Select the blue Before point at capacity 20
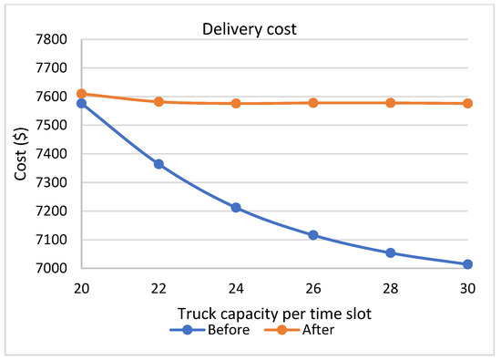(x=82, y=103)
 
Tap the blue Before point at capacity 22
(x=158, y=164)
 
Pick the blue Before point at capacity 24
(x=236, y=208)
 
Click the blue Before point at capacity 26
(x=313, y=235)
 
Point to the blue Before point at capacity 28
(x=391, y=253)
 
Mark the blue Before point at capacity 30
(x=467, y=264)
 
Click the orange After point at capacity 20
(x=82, y=93)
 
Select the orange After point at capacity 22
(x=158, y=101)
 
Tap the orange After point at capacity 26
(x=313, y=103)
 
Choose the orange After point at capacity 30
(x=467, y=103)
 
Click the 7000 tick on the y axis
(x=55, y=269)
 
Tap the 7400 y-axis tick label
(x=55, y=154)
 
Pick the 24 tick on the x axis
(x=236, y=286)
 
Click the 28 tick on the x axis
(x=391, y=286)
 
